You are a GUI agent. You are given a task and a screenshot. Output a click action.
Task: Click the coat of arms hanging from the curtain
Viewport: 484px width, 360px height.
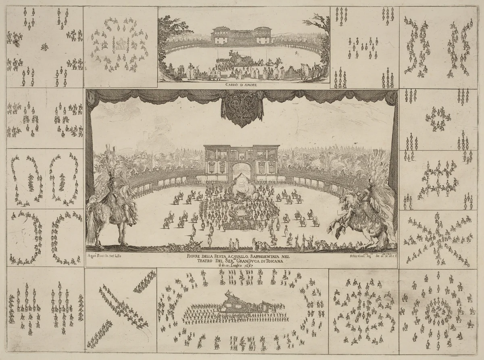coord(241,112)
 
